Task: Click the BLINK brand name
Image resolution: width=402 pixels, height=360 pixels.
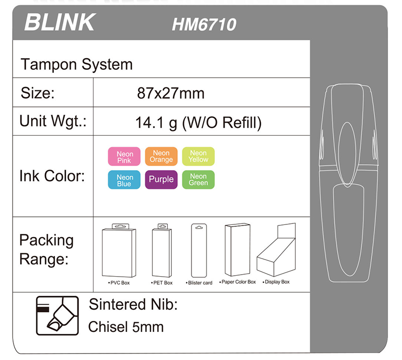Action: click(x=60, y=22)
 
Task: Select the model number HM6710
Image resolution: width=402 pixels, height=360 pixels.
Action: click(x=204, y=25)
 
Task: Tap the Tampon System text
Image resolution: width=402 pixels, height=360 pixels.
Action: click(x=77, y=64)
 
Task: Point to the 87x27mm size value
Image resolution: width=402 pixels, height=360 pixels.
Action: click(x=171, y=93)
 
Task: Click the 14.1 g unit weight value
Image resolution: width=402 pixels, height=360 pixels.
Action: click(x=156, y=123)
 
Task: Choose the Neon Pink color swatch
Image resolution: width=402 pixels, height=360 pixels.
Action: click(x=124, y=157)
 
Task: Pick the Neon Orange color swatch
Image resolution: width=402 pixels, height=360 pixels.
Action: click(x=161, y=156)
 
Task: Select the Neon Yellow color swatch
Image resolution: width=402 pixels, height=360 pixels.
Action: click(x=198, y=156)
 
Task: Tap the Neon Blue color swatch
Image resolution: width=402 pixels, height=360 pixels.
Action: click(x=124, y=180)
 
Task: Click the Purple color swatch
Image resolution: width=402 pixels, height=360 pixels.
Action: click(x=161, y=180)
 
